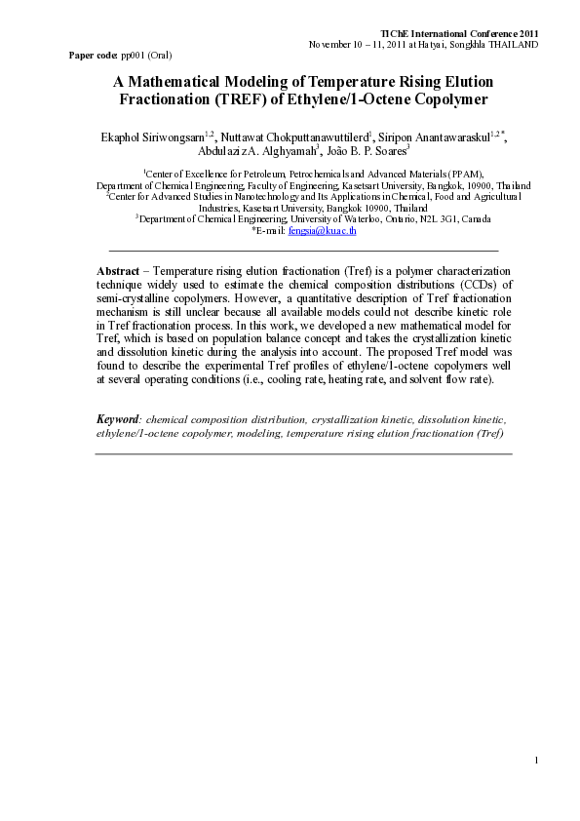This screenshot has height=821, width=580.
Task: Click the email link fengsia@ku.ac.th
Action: point(329,231)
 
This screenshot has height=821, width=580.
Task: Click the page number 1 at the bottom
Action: point(537,786)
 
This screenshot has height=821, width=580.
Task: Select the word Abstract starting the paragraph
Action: point(117,269)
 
